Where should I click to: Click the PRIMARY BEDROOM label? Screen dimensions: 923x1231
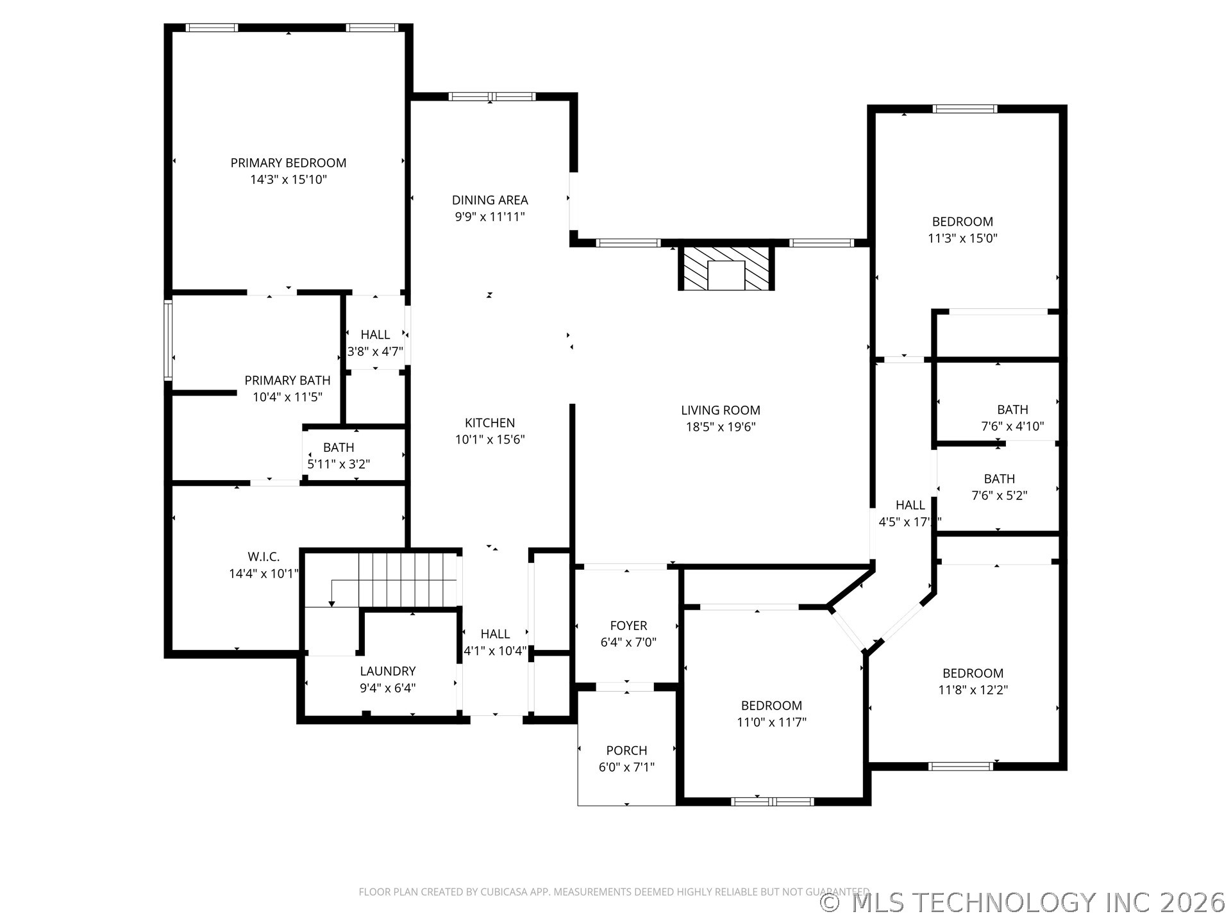[x=289, y=163]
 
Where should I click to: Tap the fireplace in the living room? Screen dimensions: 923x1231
[x=726, y=268]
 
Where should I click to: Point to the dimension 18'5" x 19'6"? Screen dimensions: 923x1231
[x=721, y=427]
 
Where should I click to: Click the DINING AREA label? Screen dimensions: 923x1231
[x=490, y=200]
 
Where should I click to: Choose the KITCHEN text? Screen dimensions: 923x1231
[x=490, y=423]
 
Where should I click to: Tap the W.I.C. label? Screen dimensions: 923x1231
[x=264, y=557]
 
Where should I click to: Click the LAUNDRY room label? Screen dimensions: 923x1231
[x=387, y=671]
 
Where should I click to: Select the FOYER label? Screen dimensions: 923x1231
[x=628, y=626]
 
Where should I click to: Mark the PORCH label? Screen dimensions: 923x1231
[x=626, y=751]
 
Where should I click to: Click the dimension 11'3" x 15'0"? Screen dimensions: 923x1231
[x=962, y=238]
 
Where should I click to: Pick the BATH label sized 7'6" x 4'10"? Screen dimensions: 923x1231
[x=1012, y=410]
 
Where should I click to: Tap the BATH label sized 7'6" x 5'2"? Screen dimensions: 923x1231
[x=999, y=479]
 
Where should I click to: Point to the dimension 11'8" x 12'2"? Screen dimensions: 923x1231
[x=973, y=690]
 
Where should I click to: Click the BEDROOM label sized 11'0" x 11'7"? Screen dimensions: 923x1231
[x=771, y=706]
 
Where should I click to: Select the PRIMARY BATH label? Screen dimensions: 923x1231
[x=287, y=380]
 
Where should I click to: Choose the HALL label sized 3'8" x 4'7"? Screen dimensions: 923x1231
[x=375, y=335]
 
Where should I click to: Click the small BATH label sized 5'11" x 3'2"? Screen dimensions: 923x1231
[x=339, y=447]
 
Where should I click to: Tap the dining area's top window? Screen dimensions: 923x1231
[x=492, y=97]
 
